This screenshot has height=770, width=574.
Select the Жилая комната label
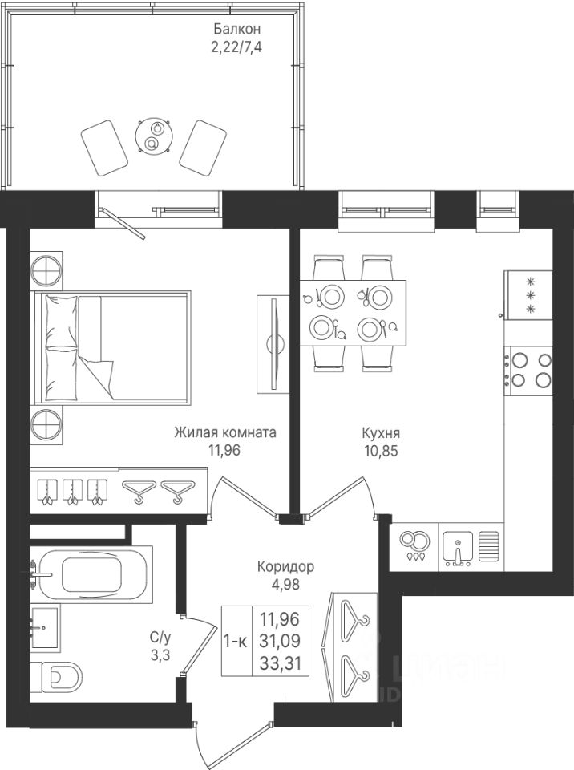(225, 432)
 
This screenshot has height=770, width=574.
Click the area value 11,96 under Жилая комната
(225, 450)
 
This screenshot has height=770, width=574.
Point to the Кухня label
(381, 433)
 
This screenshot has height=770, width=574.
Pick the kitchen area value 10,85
(382, 451)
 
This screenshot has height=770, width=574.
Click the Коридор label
(285, 567)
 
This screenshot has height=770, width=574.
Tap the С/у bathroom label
(160, 638)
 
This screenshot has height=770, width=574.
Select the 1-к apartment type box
(236, 641)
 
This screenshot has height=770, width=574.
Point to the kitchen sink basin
(458, 546)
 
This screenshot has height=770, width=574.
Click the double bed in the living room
(111, 347)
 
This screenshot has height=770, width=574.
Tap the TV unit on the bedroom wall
(273, 344)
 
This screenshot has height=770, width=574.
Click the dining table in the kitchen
(353, 313)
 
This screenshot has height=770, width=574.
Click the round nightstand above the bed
(46, 268)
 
